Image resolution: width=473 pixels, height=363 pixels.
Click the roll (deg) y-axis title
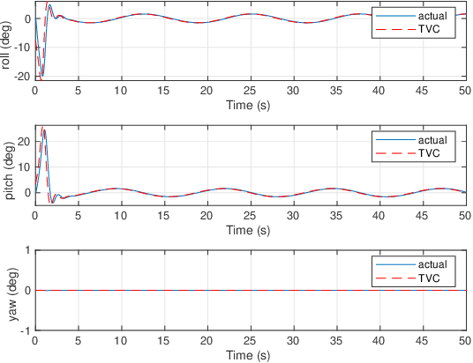[8, 43]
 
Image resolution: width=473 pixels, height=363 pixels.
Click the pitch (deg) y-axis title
[8, 167]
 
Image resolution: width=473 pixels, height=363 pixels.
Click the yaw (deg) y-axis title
[8, 290]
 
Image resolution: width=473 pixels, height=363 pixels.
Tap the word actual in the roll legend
[431, 16]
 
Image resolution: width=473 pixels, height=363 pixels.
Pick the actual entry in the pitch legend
[431, 139]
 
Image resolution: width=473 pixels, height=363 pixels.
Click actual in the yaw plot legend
[431, 263]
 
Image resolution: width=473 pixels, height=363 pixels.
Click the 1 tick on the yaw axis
[27, 250]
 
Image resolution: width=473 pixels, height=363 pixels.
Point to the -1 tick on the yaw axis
[26, 330]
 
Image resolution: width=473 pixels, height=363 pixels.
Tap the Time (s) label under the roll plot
[250, 103]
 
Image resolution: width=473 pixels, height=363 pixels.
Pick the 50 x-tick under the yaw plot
[463, 342]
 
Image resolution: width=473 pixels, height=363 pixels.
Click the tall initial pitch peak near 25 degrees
[43, 130]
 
